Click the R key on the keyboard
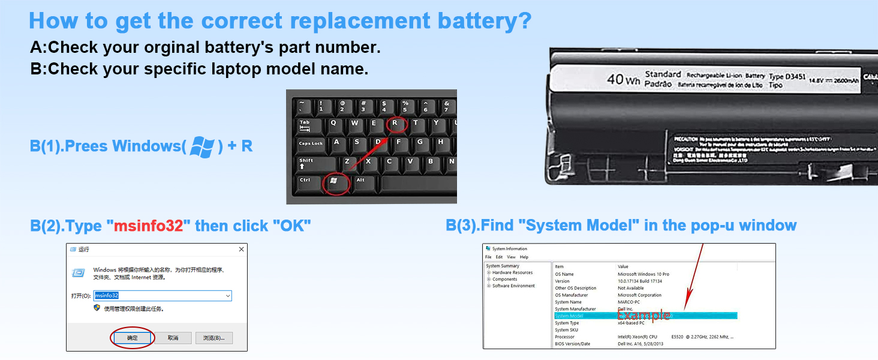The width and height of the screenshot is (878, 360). (x=395, y=125)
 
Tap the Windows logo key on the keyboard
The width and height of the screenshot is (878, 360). (x=334, y=182)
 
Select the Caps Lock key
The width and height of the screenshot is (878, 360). (x=311, y=144)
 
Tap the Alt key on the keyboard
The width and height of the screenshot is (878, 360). (x=362, y=182)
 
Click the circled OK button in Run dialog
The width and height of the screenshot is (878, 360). (x=133, y=338)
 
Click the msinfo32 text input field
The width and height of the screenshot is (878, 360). (x=162, y=296)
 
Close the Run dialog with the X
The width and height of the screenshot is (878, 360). (x=241, y=249)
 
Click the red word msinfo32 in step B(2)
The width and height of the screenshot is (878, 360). (x=148, y=226)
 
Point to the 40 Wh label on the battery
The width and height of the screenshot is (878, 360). (x=623, y=79)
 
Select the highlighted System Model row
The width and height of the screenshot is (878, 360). (x=645, y=316)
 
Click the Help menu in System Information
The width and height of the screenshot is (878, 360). (x=524, y=257)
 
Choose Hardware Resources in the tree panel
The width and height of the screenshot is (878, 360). (x=512, y=272)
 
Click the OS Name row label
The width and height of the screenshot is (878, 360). (x=564, y=274)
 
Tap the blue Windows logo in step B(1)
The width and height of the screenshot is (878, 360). (x=202, y=147)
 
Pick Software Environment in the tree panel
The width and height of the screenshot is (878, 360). (x=513, y=286)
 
